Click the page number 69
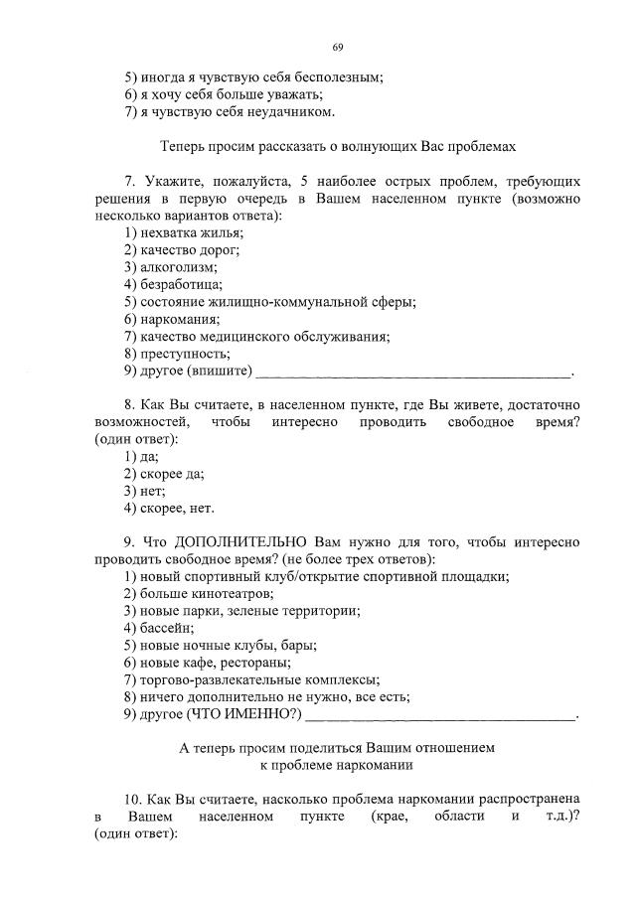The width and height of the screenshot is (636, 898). pos(337,48)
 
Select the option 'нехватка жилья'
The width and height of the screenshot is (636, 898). pos(184,232)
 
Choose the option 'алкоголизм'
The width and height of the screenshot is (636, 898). pos(170,267)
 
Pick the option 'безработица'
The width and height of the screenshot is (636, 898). pos(173,284)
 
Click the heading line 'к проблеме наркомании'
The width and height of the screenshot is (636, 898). pos(336,766)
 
